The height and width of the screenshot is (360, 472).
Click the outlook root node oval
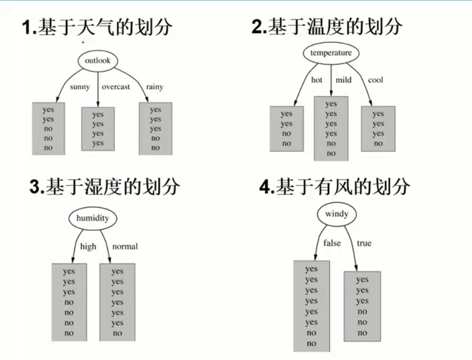[98, 61]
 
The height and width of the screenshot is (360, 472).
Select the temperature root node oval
[331, 53]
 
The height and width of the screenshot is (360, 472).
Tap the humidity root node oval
[93, 218]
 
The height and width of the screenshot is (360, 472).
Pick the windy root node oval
[336, 213]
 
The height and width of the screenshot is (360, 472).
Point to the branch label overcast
[115, 87]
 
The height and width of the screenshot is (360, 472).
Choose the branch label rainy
[155, 87]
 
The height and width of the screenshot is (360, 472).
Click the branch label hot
[317, 80]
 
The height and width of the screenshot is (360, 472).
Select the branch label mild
[343, 80]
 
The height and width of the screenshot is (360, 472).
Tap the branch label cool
[376, 80]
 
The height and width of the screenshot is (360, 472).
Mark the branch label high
[88, 246]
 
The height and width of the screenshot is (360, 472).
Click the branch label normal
[125, 246]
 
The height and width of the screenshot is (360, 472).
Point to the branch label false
[332, 244]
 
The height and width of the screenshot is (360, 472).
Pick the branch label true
[364, 244]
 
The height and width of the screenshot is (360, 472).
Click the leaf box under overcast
[98, 128]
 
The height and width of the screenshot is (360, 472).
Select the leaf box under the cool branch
[379, 128]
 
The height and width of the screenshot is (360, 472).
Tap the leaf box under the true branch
[362, 307]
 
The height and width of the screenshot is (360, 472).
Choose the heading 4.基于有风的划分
[334, 186]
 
